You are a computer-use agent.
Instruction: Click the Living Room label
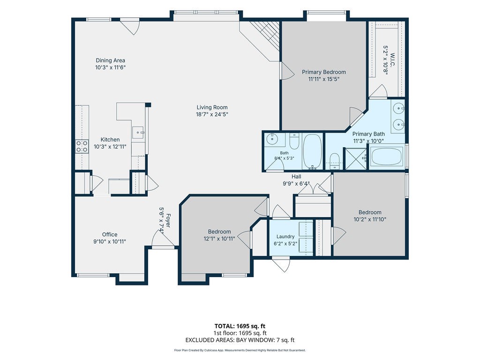[x=212, y=107]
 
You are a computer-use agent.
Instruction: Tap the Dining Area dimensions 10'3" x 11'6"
[x=111, y=67]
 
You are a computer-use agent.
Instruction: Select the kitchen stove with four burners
[x=82, y=146]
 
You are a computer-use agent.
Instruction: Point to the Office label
[x=110, y=234]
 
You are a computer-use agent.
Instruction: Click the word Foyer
[x=168, y=221]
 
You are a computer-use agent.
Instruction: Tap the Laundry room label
[x=285, y=237]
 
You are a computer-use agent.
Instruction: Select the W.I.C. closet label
[x=392, y=60]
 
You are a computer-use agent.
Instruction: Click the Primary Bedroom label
[x=324, y=72]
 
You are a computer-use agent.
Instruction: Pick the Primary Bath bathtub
[x=386, y=157]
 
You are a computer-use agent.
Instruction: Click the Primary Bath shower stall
[x=355, y=158]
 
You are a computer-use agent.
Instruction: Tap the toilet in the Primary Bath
[x=335, y=161]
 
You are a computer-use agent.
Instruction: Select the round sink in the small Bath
[x=271, y=139]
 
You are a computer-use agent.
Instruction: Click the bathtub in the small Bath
[x=312, y=151]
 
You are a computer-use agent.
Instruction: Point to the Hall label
[x=296, y=177]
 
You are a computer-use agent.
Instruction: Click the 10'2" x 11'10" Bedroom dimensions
[x=370, y=219]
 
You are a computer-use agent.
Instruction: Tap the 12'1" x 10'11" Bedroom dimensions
[x=219, y=239]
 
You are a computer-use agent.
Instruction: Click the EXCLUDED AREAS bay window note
[x=240, y=340]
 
